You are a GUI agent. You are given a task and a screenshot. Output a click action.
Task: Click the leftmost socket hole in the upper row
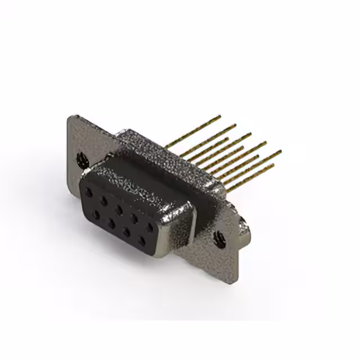89,191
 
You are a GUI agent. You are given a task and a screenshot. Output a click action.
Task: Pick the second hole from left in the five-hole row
104,200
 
